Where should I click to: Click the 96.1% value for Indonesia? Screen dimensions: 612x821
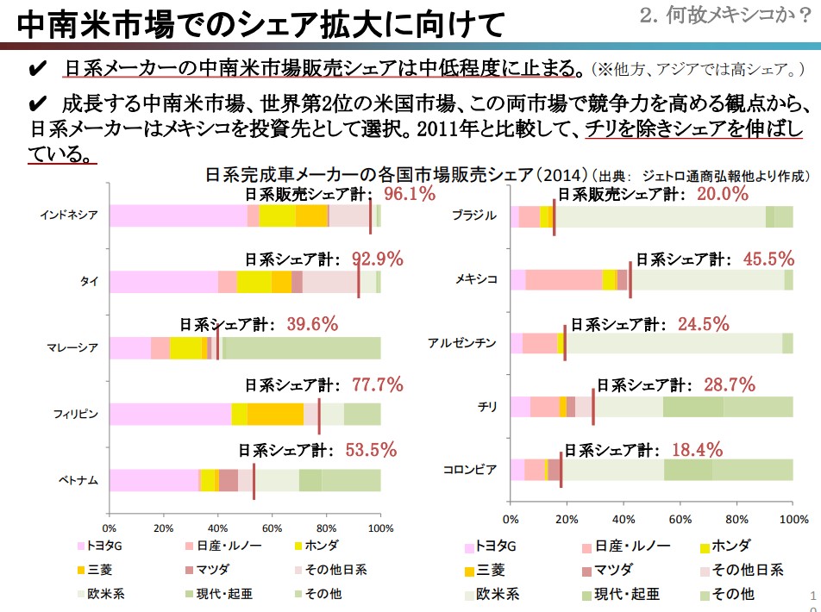[x=410, y=194]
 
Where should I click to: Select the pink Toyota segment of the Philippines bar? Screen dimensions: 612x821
[x=170, y=414]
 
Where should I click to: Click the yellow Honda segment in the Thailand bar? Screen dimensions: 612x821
[x=254, y=281]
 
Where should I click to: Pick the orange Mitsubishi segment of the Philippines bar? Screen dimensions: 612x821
[x=275, y=414]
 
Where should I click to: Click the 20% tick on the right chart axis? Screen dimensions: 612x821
[x=567, y=519]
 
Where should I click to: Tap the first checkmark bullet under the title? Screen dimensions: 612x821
[x=36, y=68]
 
